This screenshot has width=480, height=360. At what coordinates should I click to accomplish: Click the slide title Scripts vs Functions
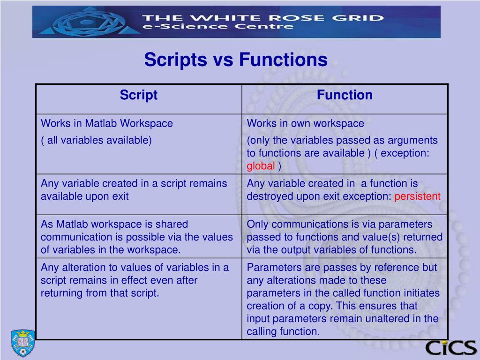coord(235,60)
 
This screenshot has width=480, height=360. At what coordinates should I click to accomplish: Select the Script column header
coord(138,95)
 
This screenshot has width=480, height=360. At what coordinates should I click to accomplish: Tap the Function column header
coord(345,95)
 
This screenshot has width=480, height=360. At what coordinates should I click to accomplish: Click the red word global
coord(261,166)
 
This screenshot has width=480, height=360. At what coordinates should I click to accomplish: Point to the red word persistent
coord(417,196)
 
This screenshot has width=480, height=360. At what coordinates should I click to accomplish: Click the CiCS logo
coord(450,347)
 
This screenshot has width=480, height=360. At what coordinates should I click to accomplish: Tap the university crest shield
coord(22,343)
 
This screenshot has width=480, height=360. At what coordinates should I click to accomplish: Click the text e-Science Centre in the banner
coord(218,27)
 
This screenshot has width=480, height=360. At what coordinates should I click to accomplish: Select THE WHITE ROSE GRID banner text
coord(262,18)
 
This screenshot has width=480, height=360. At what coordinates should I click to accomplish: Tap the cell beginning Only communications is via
coord(345,237)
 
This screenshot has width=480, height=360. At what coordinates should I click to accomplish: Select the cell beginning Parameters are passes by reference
coord(345,299)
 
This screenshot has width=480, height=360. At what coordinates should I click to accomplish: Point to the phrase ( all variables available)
coord(96,140)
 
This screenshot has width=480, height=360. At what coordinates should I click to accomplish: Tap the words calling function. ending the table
coord(283,331)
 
